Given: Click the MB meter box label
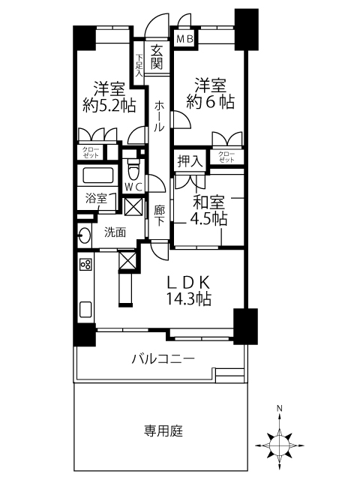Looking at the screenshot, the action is tap(185, 39).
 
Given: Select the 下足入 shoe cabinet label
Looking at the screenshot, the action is tap(139, 65).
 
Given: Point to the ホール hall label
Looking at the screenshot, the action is tap(159, 116).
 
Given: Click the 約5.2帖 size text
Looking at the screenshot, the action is tap(109, 106).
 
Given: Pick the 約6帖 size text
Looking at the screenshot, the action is tap(210, 101).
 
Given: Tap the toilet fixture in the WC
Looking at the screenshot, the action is tap(133, 169).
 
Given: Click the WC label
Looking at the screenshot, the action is tap(133, 187).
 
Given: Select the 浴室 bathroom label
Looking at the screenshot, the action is tap(96, 198).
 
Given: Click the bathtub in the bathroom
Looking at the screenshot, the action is tap(97, 175).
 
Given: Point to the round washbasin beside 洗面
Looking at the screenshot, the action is tap(84, 235).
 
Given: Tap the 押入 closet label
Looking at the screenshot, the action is tap(190, 161).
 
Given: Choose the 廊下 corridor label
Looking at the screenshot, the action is tap(159, 216).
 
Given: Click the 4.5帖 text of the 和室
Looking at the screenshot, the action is tap(208, 218).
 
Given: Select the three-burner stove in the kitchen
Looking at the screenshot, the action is tap(85, 264).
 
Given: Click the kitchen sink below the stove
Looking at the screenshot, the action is tap(85, 310).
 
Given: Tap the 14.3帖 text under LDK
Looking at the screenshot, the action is tap(188, 298).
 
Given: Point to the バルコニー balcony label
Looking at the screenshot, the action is tap(163, 358).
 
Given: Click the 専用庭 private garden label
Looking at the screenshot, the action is tap(163, 430).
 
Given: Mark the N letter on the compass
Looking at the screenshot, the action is tap(279, 408).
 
